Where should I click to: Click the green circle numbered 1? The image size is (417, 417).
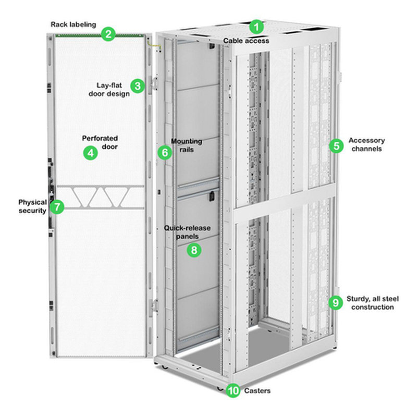pyautogui.click(x=256, y=26)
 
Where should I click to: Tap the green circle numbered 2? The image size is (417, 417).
pyautogui.click(x=108, y=35)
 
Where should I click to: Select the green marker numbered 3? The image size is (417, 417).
pyautogui.click(x=137, y=86)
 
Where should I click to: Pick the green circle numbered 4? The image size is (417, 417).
pyautogui.click(x=91, y=153)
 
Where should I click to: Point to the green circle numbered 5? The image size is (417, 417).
pyautogui.click(x=336, y=145)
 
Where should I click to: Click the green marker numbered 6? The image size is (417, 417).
pyautogui.click(x=164, y=153)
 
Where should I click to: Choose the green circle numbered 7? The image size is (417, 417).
pyautogui.click(x=57, y=207)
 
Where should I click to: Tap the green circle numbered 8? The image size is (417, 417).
pyautogui.click(x=194, y=250)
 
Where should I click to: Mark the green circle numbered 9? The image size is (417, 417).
pyautogui.click(x=336, y=302)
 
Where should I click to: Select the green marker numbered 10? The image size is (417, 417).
pyautogui.click(x=234, y=390)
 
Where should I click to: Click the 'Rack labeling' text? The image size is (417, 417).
pyautogui.click(x=73, y=24)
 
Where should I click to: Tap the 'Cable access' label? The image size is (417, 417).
pyautogui.click(x=246, y=40)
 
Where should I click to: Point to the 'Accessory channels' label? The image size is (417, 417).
pyautogui.click(x=366, y=144)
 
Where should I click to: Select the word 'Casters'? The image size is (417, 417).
pyautogui.click(x=257, y=390)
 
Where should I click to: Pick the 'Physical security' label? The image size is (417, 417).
pyautogui.click(x=32, y=206)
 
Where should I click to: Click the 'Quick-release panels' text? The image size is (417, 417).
pyautogui.click(x=187, y=232)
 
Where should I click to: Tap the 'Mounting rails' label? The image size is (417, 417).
pyautogui.click(x=186, y=145)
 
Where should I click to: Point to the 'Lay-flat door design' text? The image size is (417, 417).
pyautogui.click(x=113, y=89)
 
